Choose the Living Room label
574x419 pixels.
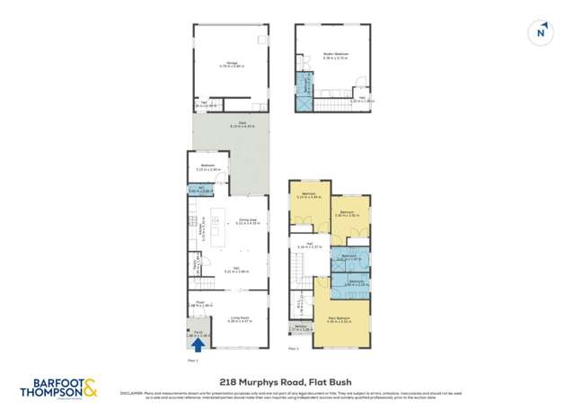(238, 318)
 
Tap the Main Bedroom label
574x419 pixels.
(338, 318)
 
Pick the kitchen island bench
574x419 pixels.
(216, 225)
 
